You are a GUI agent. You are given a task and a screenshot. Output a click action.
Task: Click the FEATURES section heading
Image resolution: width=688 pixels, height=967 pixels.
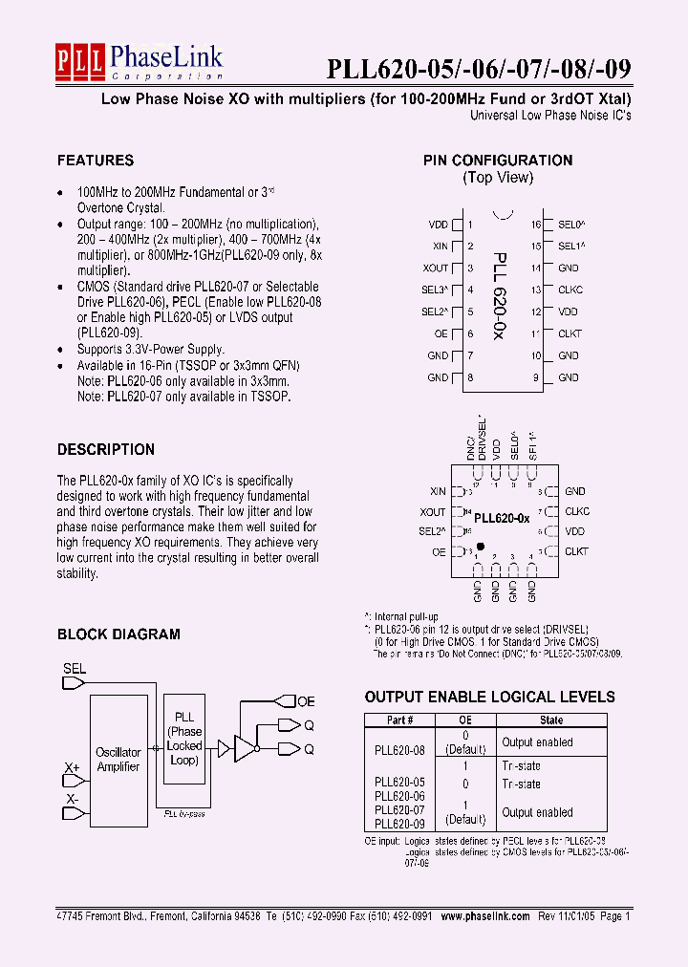click(x=96, y=161)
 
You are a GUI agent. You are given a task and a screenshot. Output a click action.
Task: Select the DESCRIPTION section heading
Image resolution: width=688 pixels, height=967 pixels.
click(x=106, y=449)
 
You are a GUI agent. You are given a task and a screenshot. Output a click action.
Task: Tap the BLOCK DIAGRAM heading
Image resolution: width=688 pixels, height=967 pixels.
click(x=118, y=634)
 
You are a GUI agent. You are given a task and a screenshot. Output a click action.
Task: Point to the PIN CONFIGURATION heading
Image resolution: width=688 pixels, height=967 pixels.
click(x=498, y=161)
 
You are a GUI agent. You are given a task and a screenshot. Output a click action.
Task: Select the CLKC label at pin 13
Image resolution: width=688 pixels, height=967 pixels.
click(x=570, y=290)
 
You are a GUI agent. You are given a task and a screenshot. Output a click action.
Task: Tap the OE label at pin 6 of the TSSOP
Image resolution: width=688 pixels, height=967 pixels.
click(x=441, y=333)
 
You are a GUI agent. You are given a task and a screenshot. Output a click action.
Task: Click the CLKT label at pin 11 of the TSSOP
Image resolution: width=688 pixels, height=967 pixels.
click(x=570, y=333)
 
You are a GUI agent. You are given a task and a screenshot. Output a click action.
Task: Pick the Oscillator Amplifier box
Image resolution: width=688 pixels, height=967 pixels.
click(x=118, y=761)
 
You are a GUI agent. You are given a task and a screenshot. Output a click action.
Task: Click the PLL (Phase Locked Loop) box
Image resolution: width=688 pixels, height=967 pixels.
click(x=184, y=739)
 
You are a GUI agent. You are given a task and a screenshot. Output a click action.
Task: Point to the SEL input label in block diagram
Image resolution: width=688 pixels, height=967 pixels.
click(x=75, y=669)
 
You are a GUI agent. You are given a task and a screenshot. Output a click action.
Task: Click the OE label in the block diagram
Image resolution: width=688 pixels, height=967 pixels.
click(x=306, y=701)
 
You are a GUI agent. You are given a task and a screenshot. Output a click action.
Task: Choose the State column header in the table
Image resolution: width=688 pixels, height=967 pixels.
click(x=551, y=720)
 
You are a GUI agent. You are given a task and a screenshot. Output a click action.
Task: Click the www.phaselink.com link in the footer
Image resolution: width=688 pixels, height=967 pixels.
click(x=485, y=915)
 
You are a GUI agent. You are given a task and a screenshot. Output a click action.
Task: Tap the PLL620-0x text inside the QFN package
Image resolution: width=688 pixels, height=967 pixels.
click(x=503, y=518)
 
